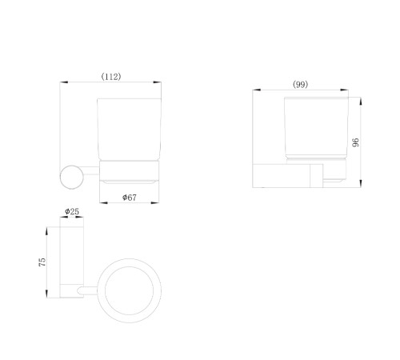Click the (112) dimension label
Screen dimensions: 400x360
111,77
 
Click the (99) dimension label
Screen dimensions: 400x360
300,85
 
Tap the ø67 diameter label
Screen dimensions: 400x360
130,198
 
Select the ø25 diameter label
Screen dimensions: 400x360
72,211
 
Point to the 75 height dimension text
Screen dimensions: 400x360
42,262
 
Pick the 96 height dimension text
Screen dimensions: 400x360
355,142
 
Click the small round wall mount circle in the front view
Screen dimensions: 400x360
71,177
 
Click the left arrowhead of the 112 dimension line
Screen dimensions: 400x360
64,82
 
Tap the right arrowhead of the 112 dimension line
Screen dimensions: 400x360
157,82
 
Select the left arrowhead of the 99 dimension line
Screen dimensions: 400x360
257,90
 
